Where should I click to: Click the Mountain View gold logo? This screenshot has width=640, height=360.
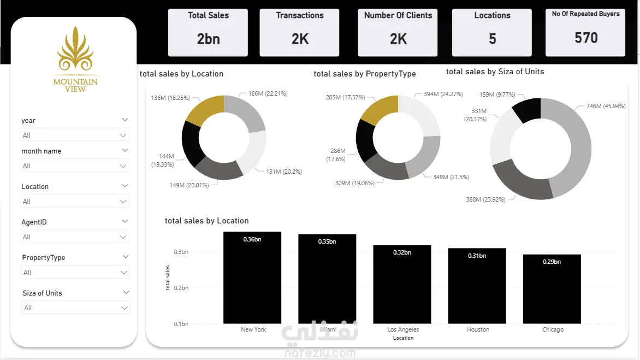[75, 59]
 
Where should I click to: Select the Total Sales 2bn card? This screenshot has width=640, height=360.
[208, 33]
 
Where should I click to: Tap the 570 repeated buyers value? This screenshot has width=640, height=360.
[586, 38]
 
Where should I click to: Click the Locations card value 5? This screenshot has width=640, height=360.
[492, 39]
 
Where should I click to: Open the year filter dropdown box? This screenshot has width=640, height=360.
[75, 135]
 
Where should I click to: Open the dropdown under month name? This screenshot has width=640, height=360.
[75, 166]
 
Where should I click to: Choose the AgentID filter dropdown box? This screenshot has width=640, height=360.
[75, 237]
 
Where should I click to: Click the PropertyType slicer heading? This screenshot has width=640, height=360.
[44, 257]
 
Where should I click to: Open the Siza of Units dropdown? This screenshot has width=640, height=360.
[75, 308]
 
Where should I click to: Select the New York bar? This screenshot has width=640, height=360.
[252, 278]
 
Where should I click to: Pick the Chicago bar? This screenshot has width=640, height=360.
[552, 289]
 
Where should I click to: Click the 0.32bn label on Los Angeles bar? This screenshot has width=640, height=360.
[402, 252]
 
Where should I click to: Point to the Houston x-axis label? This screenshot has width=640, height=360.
[478, 329]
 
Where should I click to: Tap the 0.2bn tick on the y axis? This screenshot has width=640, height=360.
[181, 288]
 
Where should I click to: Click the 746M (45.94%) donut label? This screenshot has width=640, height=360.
[606, 106]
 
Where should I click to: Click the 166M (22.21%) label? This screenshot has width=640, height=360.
[268, 93]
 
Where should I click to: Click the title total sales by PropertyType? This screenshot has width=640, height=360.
[364, 74]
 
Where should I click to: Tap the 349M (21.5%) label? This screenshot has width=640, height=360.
[451, 177]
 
